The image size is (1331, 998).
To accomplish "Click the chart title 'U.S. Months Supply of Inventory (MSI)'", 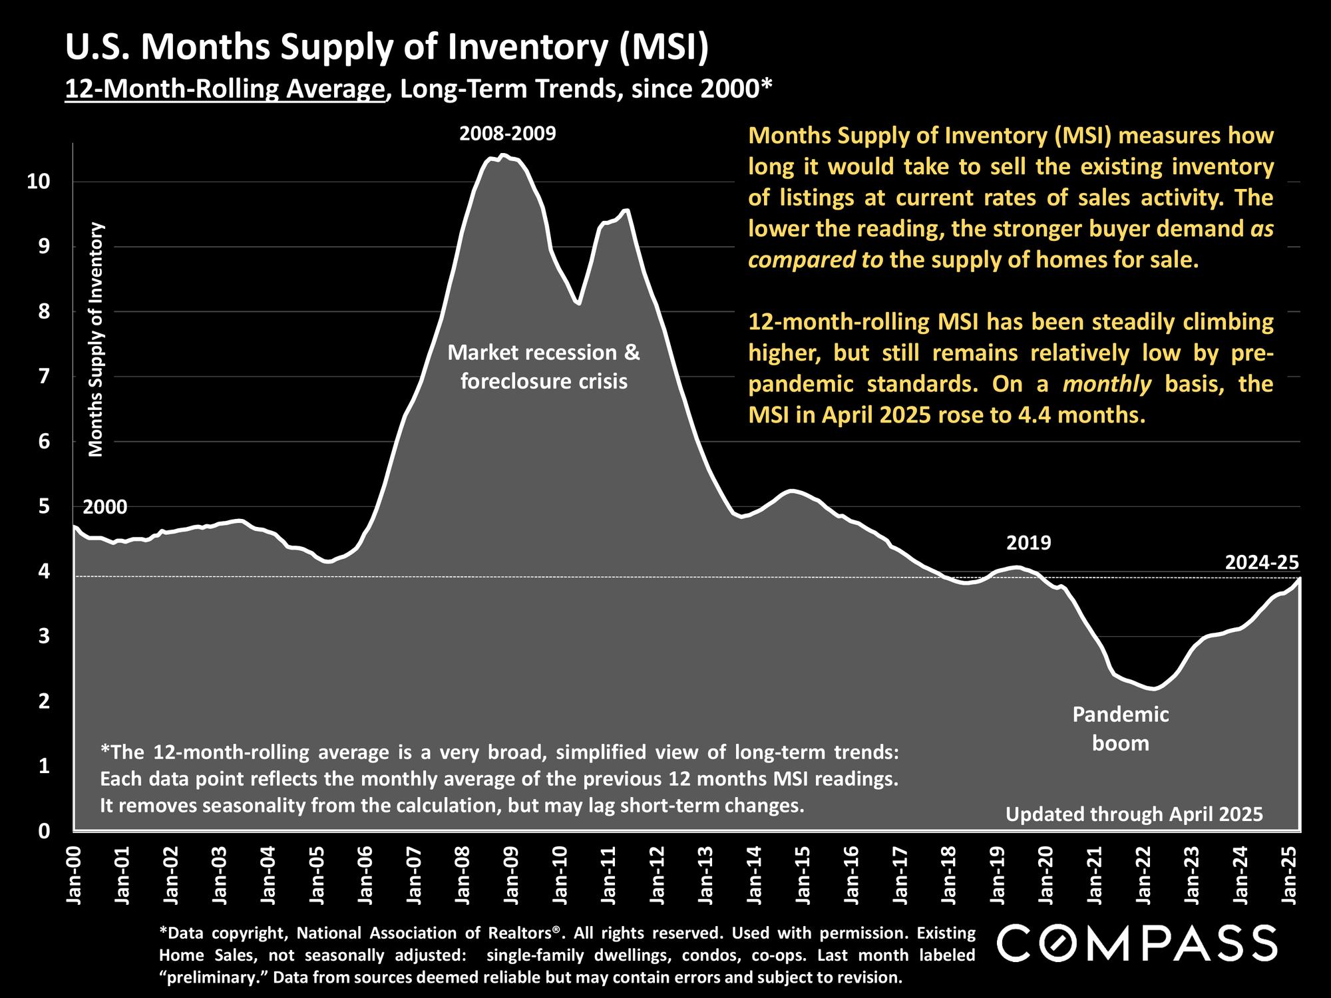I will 387,49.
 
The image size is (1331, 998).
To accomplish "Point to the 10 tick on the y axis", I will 38,182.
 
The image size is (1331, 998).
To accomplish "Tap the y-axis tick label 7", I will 43,377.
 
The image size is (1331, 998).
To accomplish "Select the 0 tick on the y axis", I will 43,831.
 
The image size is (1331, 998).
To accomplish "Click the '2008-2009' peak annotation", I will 507,134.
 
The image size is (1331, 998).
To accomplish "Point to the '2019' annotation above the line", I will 1028,543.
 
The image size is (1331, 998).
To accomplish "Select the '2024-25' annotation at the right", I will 1262,563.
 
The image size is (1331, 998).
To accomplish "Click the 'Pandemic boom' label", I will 1121,729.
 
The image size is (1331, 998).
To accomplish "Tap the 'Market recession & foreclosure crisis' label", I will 544,367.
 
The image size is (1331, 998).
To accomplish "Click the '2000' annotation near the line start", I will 105,507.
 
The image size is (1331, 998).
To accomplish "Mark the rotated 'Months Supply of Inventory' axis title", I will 96,339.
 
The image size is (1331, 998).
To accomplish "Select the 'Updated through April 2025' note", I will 1134,814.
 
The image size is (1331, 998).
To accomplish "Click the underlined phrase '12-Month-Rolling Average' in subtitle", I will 225,88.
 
